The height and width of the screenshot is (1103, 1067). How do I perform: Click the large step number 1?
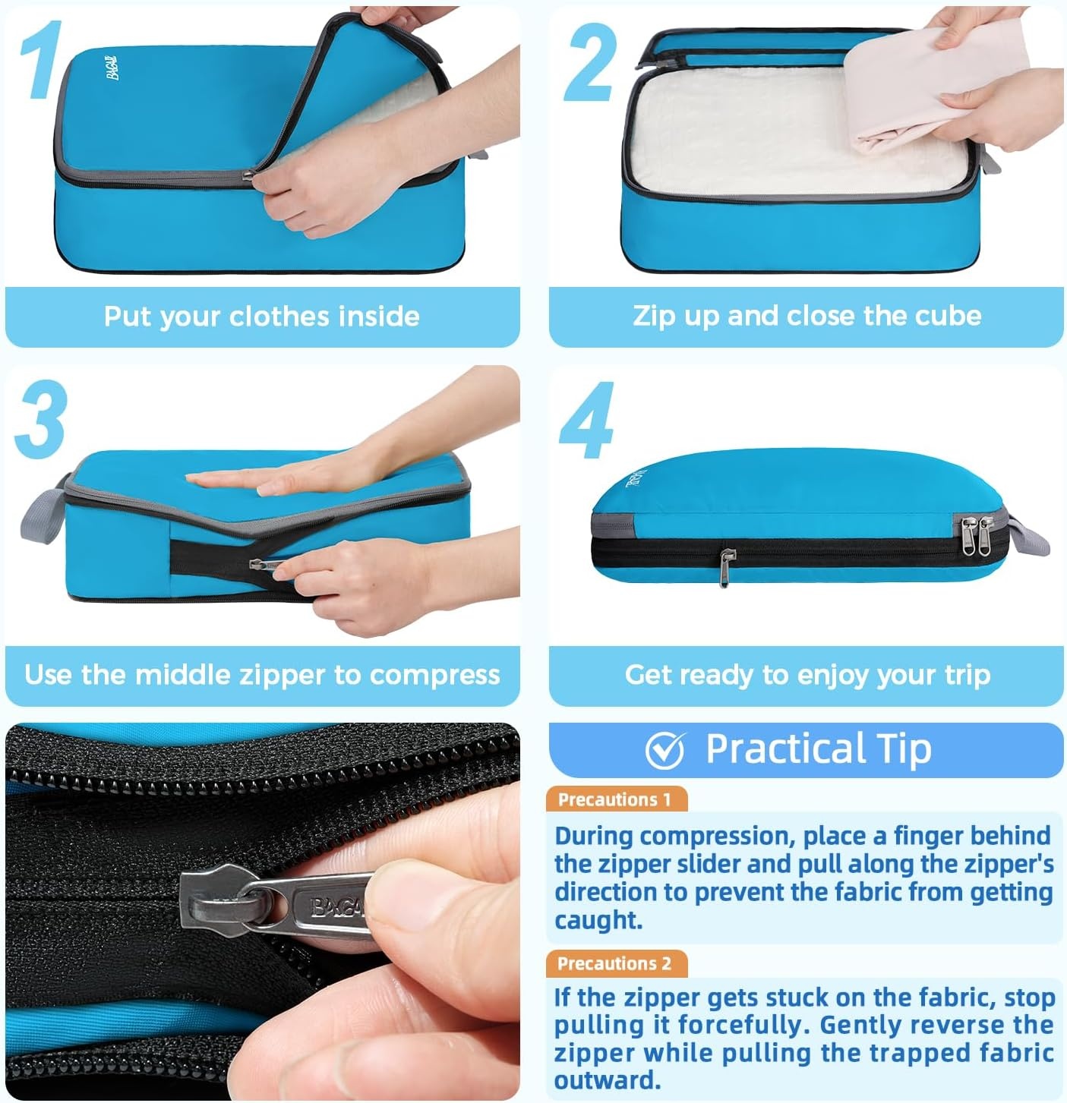pyautogui.click(x=42, y=59)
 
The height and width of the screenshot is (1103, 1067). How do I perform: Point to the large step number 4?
pyautogui.click(x=587, y=420)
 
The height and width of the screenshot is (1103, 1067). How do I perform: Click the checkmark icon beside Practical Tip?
pyautogui.click(x=665, y=751)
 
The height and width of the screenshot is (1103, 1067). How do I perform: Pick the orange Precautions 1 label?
pyautogui.click(x=616, y=799)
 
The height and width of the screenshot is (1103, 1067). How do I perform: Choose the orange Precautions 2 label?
pyautogui.click(x=616, y=963)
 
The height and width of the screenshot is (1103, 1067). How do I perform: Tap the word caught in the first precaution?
pyautogui.click(x=598, y=921)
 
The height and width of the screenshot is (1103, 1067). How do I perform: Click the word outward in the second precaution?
pyautogui.click(x=608, y=1080)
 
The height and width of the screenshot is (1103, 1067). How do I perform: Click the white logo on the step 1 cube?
pyautogui.click(x=113, y=68)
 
